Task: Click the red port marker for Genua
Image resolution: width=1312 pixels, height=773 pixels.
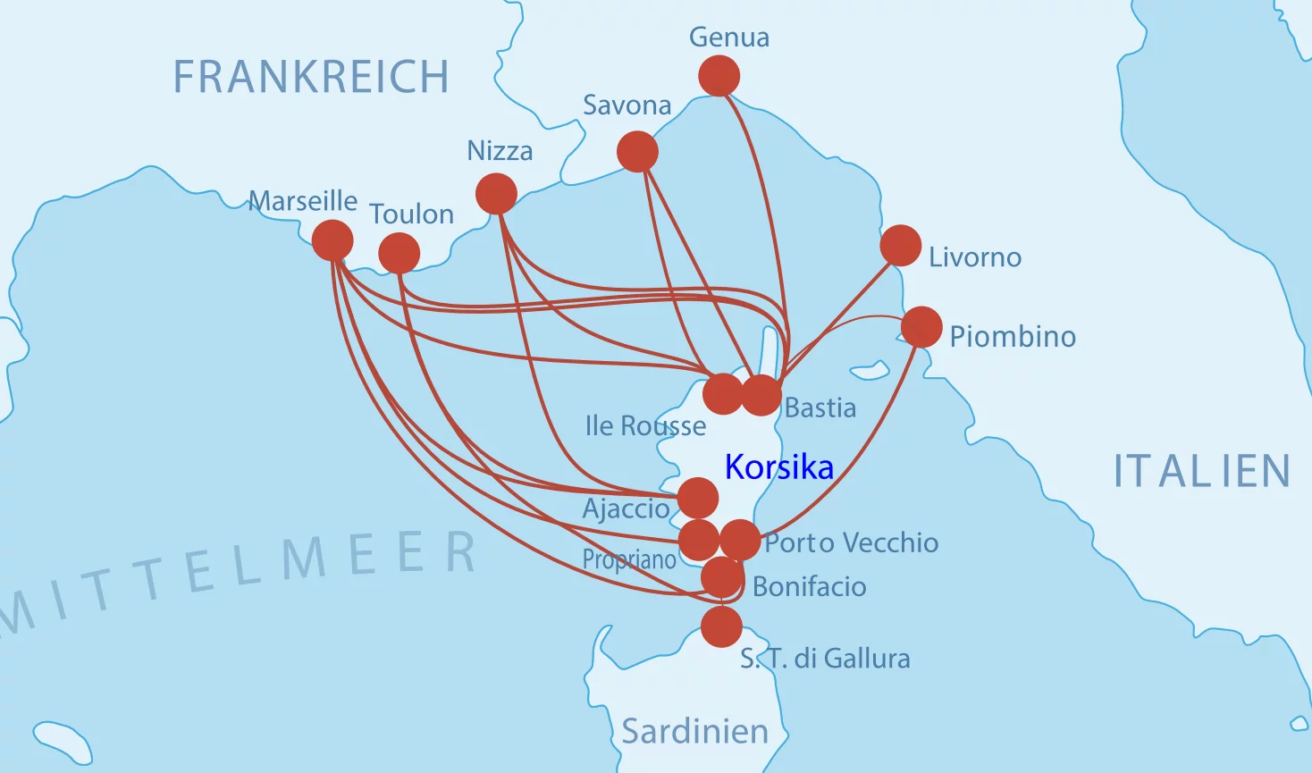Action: [x=719, y=76]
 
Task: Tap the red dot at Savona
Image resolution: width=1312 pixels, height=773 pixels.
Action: [x=637, y=152]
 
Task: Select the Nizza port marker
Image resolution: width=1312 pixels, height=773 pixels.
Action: [x=496, y=194]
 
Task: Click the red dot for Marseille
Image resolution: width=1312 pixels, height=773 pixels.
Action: [x=332, y=240]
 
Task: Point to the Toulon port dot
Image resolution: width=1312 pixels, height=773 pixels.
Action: [x=399, y=254]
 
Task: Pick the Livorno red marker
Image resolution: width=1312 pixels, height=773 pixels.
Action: [x=901, y=246]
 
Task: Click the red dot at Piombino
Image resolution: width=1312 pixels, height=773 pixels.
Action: [x=921, y=327]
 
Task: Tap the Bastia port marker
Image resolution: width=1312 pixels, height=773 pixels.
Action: [x=761, y=395]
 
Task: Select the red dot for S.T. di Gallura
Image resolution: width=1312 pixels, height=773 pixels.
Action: [x=721, y=626]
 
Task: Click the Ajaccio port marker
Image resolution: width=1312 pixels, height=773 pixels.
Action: [x=698, y=498]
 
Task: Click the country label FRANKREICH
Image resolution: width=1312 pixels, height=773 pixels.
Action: [x=311, y=77]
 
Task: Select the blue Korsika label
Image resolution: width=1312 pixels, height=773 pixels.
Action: [x=779, y=466]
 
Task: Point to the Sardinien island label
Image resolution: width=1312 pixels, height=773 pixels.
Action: [x=694, y=731]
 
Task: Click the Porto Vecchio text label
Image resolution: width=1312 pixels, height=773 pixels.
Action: [x=851, y=542]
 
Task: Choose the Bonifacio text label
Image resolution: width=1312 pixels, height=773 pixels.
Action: [x=809, y=586]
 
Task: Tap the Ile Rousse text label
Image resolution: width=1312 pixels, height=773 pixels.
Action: [x=645, y=425]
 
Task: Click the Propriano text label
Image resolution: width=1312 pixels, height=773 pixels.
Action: [x=629, y=559]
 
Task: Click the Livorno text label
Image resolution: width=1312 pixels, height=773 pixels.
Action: [x=974, y=257]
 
